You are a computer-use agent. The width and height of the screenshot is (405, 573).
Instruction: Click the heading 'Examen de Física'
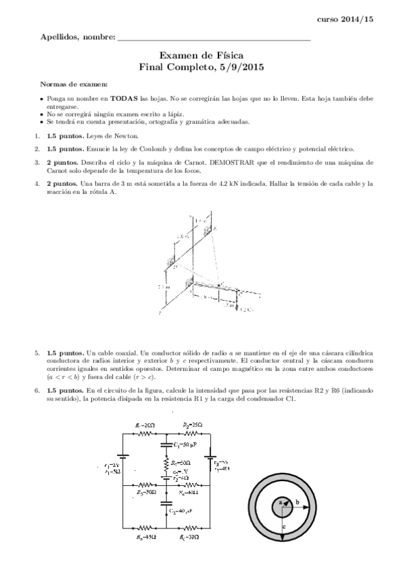point(202,55)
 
